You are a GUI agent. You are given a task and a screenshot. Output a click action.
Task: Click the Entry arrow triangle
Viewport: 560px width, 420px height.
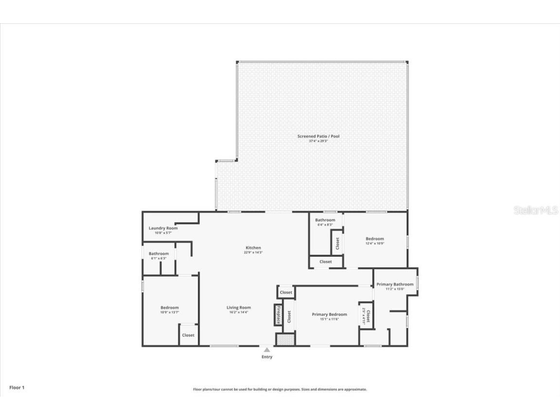click(266, 349)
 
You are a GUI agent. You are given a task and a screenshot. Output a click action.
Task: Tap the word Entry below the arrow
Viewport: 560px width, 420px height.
click(267, 357)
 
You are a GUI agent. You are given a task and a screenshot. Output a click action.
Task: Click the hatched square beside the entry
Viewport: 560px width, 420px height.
click(285, 339)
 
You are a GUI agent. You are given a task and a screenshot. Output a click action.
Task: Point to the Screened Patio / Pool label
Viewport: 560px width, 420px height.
click(318, 136)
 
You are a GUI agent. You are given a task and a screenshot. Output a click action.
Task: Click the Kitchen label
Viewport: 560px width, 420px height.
click(253, 248)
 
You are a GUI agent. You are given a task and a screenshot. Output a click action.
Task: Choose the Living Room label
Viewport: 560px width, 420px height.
click(238, 307)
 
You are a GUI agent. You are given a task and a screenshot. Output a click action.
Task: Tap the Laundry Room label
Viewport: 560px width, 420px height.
click(163, 228)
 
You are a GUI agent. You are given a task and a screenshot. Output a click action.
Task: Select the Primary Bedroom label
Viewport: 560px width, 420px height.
click(329, 315)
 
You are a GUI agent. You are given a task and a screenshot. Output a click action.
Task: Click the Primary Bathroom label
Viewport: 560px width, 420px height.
click(395, 284)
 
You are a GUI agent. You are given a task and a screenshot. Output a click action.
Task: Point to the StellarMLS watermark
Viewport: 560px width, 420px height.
click(536, 210)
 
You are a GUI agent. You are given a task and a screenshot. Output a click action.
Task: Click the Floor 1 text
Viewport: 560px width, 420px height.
click(17, 387)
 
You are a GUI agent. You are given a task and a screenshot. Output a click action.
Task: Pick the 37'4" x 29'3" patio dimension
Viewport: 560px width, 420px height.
click(318, 141)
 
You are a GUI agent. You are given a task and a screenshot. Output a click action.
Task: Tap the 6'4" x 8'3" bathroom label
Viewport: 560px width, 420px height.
click(325, 225)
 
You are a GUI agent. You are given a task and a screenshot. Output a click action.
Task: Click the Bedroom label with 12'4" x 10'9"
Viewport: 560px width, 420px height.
click(374, 239)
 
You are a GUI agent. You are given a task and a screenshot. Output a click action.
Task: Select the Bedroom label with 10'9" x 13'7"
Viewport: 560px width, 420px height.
click(170, 308)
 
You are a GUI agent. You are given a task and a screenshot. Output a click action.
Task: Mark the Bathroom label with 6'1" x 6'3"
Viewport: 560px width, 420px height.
click(158, 254)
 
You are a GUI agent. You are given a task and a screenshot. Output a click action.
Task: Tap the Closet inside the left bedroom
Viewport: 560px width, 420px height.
click(188, 335)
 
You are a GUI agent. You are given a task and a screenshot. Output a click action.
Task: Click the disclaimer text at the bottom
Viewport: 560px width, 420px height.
click(280, 389)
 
